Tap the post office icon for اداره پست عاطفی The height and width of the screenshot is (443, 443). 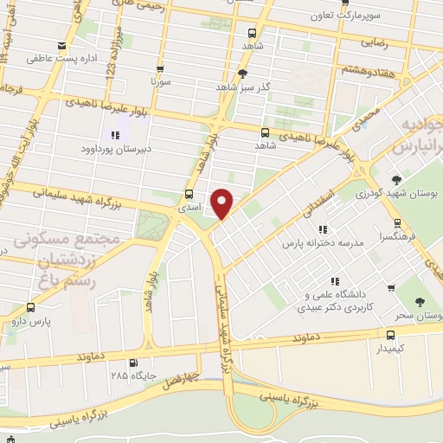coord(61,46)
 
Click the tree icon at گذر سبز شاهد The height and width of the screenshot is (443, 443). coord(244,74)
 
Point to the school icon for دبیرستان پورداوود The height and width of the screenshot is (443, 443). coord(114,135)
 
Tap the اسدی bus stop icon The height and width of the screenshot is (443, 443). coord(189,194)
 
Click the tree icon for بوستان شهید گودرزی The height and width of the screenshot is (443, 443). coord(397,180)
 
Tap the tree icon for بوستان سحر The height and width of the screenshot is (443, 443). coord(420,302)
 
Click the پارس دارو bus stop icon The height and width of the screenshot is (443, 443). coord(32,306)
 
